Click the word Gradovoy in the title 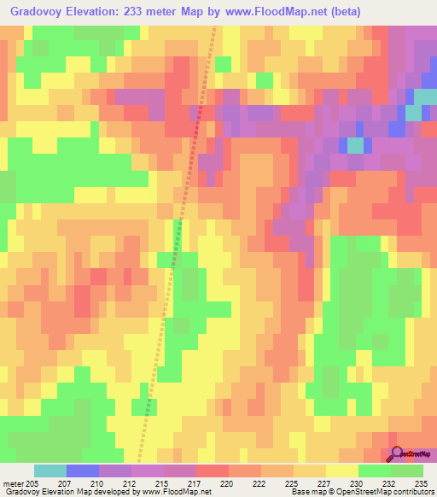(x=39, y=11)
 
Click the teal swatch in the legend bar (x=50, y=471)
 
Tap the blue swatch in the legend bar (x=83, y=471)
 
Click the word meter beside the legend (x=14, y=483)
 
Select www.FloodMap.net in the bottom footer (x=178, y=492)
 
